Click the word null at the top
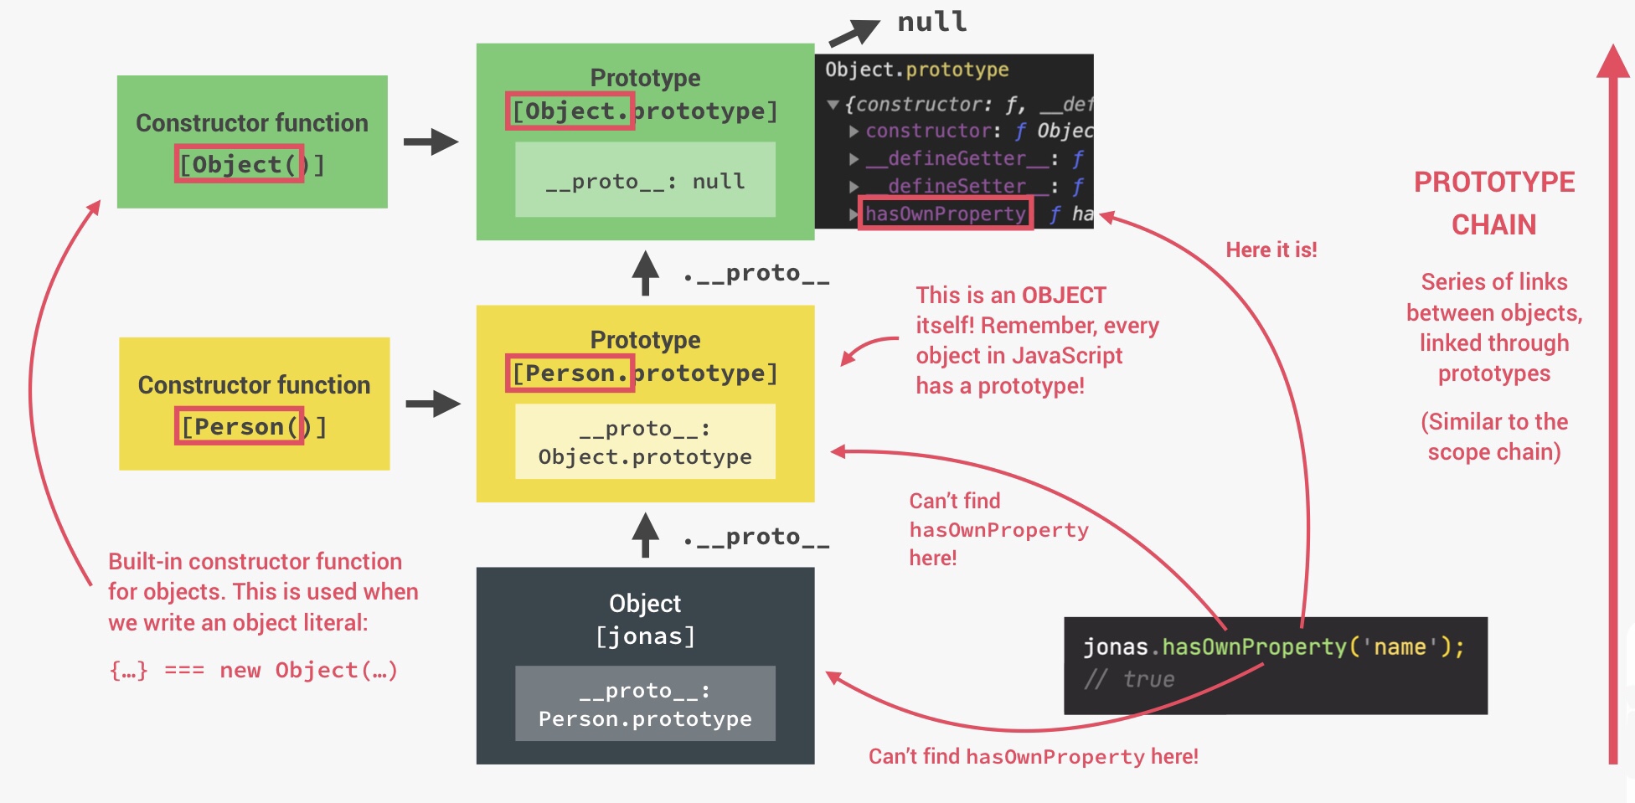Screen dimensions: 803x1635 click(931, 23)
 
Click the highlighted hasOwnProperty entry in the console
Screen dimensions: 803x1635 click(945, 214)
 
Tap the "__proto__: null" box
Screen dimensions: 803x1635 click(645, 181)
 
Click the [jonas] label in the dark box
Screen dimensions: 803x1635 click(645, 636)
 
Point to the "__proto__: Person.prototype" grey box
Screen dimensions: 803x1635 click(645, 703)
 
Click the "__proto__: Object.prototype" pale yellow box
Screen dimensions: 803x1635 click(645, 442)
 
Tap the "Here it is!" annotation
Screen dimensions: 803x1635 click(1271, 250)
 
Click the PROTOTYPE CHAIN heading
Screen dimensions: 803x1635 click(1494, 203)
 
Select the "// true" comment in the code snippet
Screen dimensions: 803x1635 click(1130, 679)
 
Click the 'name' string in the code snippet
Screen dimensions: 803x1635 click(1400, 647)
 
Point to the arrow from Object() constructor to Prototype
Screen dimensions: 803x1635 click(431, 142)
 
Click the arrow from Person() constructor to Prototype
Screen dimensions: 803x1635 click(433, 404)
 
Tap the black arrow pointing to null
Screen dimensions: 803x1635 click(854, 33)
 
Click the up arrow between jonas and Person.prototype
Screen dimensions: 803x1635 click(645, 534)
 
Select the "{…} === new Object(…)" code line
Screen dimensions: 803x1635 click(253, 670)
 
